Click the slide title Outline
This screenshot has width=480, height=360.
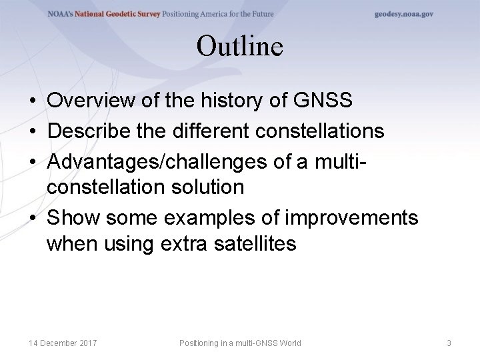coord(240,47)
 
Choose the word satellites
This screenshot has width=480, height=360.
coord(255,244)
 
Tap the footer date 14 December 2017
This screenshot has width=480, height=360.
coord(63,343)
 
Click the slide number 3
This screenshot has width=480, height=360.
coord(449,343)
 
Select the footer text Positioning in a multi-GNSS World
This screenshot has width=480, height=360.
coord(240,343)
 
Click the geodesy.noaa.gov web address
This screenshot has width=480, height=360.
coord(403,14)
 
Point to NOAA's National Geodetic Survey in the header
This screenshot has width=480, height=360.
coord(103,14)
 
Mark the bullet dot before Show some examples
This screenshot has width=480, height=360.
coord(32,218)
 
